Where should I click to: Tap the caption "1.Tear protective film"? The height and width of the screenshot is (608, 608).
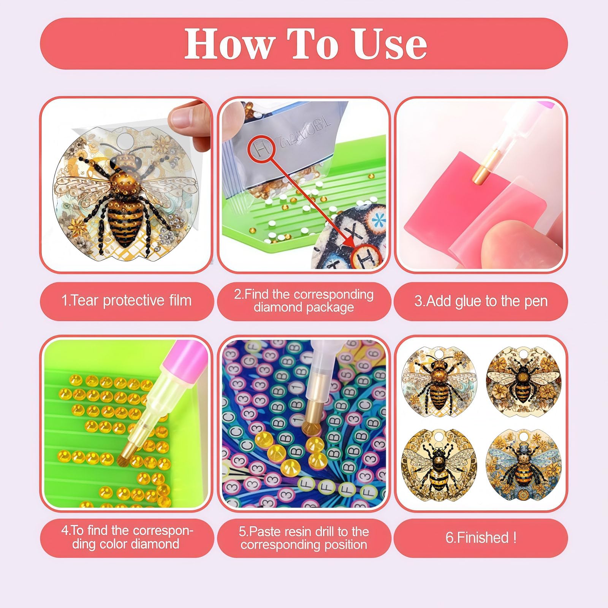click(x=127, y=301)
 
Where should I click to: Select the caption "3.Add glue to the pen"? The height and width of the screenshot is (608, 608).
click(x=481, y=301)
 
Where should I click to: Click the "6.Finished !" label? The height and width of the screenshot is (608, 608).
click(x=481, y=537)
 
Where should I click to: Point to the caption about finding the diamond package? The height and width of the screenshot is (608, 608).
click(x=304, y=301)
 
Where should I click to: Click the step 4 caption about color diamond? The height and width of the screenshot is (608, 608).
click(x=127, y=537)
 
